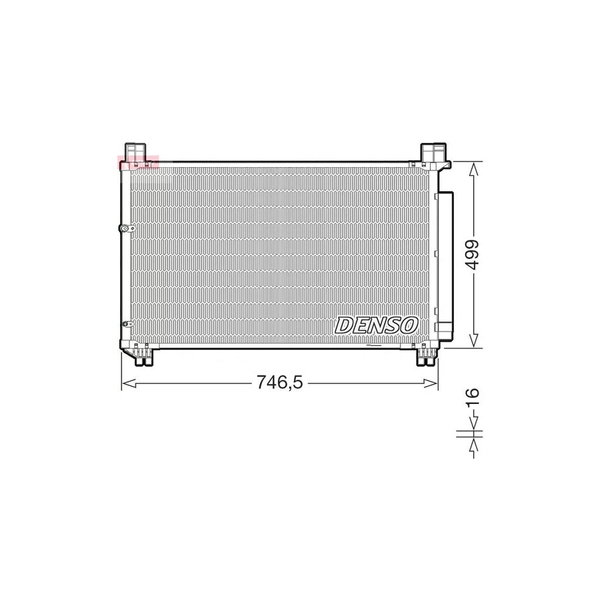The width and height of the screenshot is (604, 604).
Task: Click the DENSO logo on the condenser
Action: click(x=376, y=325)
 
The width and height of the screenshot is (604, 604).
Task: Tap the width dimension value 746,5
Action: click(x=280, y=383)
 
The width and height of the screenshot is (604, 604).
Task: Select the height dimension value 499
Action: click(x=474, y=254)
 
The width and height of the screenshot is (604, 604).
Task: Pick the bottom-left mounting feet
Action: click(x=141, y=354)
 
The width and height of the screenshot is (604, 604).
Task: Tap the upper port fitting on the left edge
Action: click(x=125, y=229)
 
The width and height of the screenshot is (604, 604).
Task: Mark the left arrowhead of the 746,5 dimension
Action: click(x=126, y=383)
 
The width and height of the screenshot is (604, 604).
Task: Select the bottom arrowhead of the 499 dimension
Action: click(x=474, y=342)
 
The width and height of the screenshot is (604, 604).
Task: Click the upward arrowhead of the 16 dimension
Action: click(x=474, y=443)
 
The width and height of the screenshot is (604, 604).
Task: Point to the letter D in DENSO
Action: click(x=344, y=325)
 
